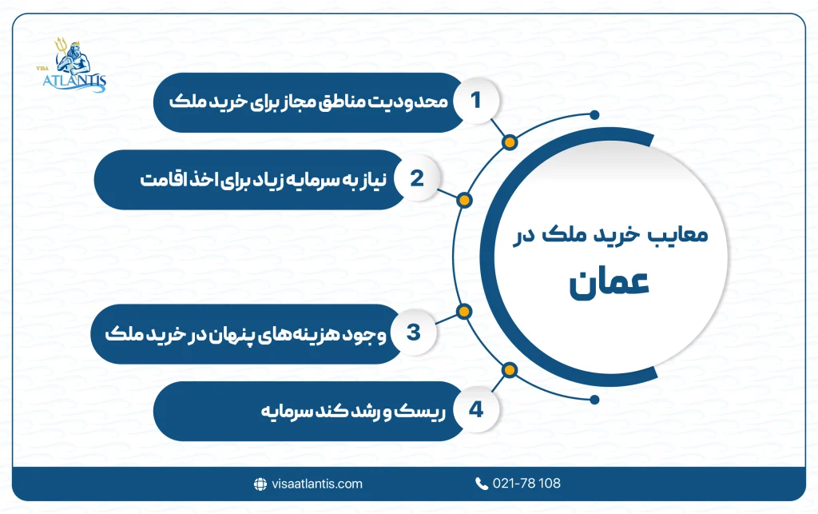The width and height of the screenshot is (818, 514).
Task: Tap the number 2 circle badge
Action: point(415,178)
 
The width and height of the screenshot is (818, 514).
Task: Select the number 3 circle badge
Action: point(414,333)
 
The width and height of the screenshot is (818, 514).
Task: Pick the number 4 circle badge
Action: point(477,411)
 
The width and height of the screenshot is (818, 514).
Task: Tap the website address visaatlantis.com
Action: point(316,484)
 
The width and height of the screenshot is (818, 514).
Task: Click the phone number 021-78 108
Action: point(527,484)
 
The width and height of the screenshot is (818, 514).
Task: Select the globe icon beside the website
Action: point(260,484)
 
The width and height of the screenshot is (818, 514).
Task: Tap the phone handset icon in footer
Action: point(482,484)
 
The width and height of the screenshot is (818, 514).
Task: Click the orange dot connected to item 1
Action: point(510,143)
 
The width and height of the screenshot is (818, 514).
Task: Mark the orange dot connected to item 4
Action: point(509,369)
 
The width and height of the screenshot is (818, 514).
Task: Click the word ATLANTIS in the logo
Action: point(77,81)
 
